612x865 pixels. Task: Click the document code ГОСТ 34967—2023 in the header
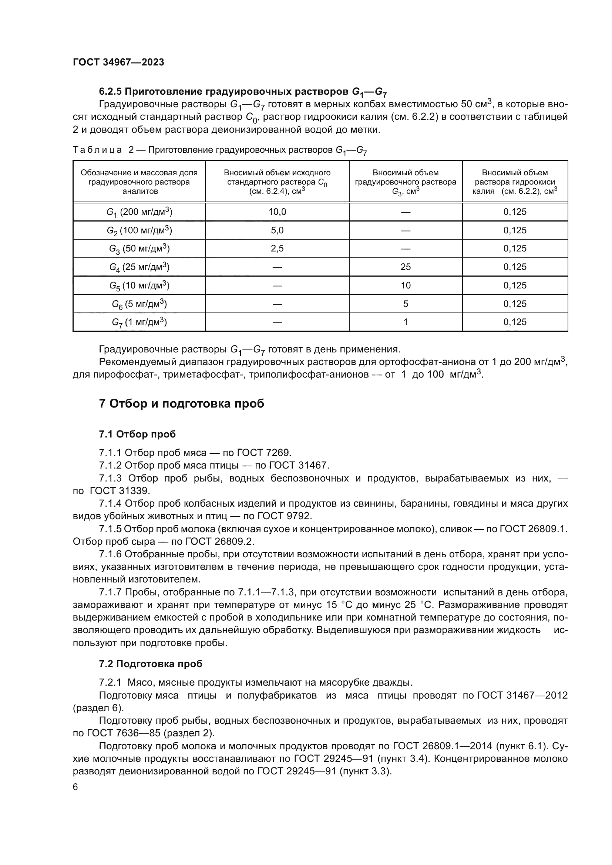click(x=118, y=62)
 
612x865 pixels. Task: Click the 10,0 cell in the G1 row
click(x=277, y=212)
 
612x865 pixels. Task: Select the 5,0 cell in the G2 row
click(x=277, y=230)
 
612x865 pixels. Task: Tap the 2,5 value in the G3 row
click(x=277, y=249)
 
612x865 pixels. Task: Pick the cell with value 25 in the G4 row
click(x=406, y=267)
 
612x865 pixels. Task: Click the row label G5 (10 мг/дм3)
click(x=139, y=285)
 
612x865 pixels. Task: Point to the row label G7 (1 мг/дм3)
click(x=139, y=322)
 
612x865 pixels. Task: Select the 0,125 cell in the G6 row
click(x=515, y=304)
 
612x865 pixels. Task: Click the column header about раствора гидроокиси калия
click(x=515, y=182)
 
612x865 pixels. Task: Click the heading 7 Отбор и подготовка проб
click(x=181, y=404)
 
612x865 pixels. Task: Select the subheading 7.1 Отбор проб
click(x=137, y=435)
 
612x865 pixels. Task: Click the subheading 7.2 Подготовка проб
click(x=150, y=664)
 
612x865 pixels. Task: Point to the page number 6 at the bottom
click(x=75, y=787)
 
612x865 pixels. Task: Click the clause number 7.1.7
click(x=110, y=592)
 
